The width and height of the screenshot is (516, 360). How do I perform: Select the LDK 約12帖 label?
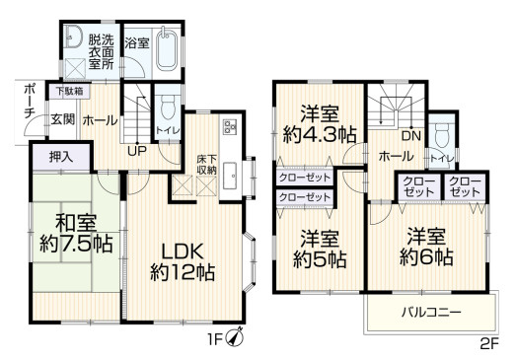(x=183, y=261)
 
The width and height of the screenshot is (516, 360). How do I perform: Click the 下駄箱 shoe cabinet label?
(x=68, y=91)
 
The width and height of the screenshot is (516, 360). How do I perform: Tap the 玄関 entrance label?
(x=62, y=119)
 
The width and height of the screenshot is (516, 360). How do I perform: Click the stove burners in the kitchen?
(x=229, y=127)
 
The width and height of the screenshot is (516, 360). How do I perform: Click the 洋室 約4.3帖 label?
(x=318, y=123)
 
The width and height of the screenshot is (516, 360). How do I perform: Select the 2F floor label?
(x=490, y=344)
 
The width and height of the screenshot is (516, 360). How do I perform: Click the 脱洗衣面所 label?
(x=101, y=52)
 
